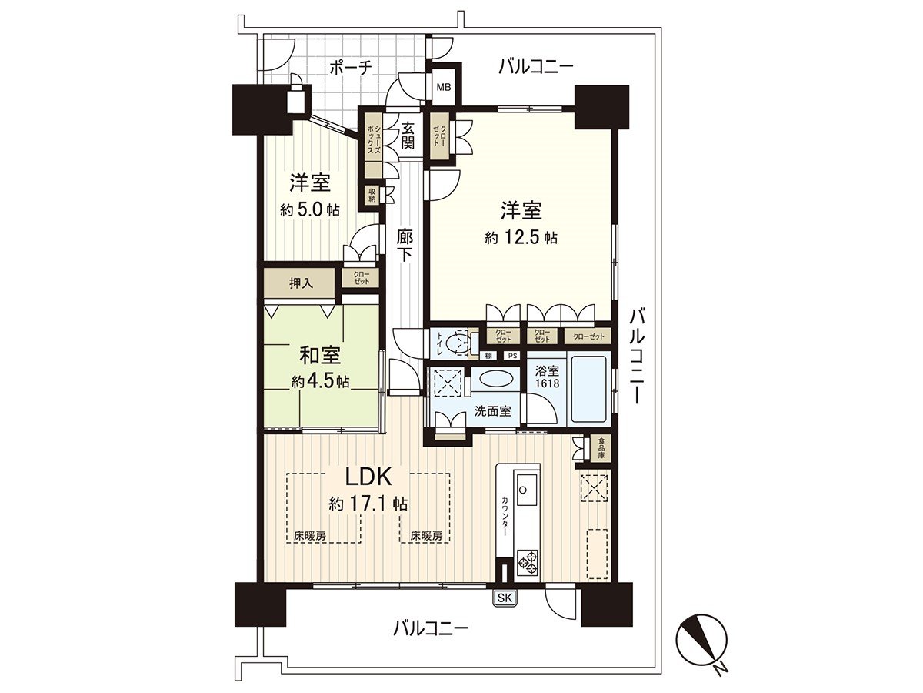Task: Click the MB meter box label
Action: [444, 87]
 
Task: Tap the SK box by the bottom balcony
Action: [505, 598]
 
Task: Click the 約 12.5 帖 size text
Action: [521, 238]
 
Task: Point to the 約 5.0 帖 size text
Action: [310, 210]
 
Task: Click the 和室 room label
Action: [321, 356]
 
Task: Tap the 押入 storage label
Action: [301, 283]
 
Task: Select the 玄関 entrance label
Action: [408, 136]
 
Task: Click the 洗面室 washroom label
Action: [493, 411]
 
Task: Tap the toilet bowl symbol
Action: [461, 342]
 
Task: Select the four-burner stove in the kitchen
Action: [528, 561]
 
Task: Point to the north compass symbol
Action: [701, 639]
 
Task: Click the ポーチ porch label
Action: [351, 68]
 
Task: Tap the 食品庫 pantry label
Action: [601, 448]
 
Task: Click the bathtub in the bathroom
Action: [588, 389]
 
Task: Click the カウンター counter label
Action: [505, 517]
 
